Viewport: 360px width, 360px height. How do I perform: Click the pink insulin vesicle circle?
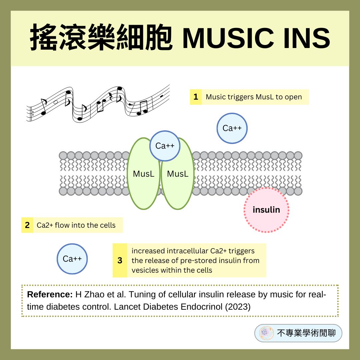pos(266,210)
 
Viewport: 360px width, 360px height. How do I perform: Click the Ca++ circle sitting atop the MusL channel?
pos(165,146)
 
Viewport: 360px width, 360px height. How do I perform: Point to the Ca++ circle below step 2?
pos(72,259)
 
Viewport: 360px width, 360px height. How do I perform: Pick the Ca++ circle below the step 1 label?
pos(232,128)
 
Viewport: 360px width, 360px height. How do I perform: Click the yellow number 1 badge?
pos(196,97)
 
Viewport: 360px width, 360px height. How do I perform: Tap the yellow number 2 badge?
pos(27,225)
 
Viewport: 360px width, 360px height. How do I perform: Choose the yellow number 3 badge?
pos(120,260)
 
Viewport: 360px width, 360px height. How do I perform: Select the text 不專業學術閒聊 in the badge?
pos(306,333)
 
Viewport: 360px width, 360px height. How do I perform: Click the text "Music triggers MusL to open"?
pos(254,97)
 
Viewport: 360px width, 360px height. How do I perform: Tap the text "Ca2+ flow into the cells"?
pos(76,225)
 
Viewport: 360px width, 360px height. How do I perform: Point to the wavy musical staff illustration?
pos(98,103)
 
